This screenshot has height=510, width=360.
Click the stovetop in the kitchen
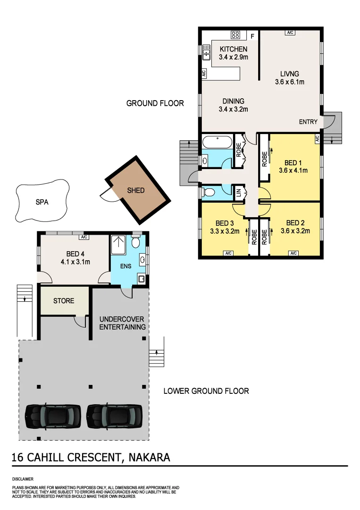click(235, 34)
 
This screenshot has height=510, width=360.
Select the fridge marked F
click(252, 36)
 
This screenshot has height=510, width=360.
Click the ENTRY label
click(308, 122)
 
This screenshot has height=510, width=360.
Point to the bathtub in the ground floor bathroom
click(217, 142)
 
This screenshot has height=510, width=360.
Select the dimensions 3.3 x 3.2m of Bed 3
click(225, 231)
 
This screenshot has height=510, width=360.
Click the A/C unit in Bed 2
click(293, 254)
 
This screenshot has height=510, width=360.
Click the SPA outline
click(42, 202)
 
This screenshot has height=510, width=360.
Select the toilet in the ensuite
click(136, 243)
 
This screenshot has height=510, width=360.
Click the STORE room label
click(63, 301)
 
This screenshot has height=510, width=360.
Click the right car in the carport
click(114, 415)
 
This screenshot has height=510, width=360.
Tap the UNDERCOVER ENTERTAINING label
click(122, 323)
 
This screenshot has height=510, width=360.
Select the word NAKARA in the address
click(147, 457)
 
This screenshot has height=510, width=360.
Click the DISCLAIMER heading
click(23, 479)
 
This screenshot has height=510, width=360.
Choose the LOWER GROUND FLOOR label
click(206, 391)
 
